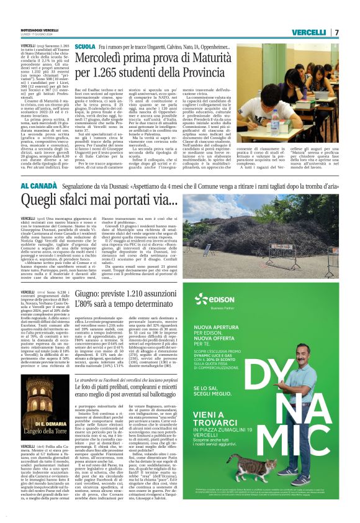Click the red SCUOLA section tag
tap(84, 47)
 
